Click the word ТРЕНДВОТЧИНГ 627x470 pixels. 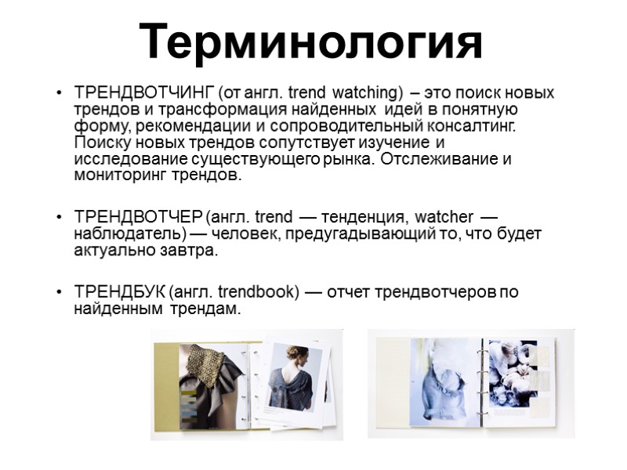click(x=143, y=93)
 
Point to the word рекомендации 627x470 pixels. click(x=185, y=127)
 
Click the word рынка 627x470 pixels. click(x=349, y=160)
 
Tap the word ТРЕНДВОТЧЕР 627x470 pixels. click(x=138, y=217)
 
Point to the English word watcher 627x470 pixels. click(x=444, y=217)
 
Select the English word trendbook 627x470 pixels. click(x=257, y=292)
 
